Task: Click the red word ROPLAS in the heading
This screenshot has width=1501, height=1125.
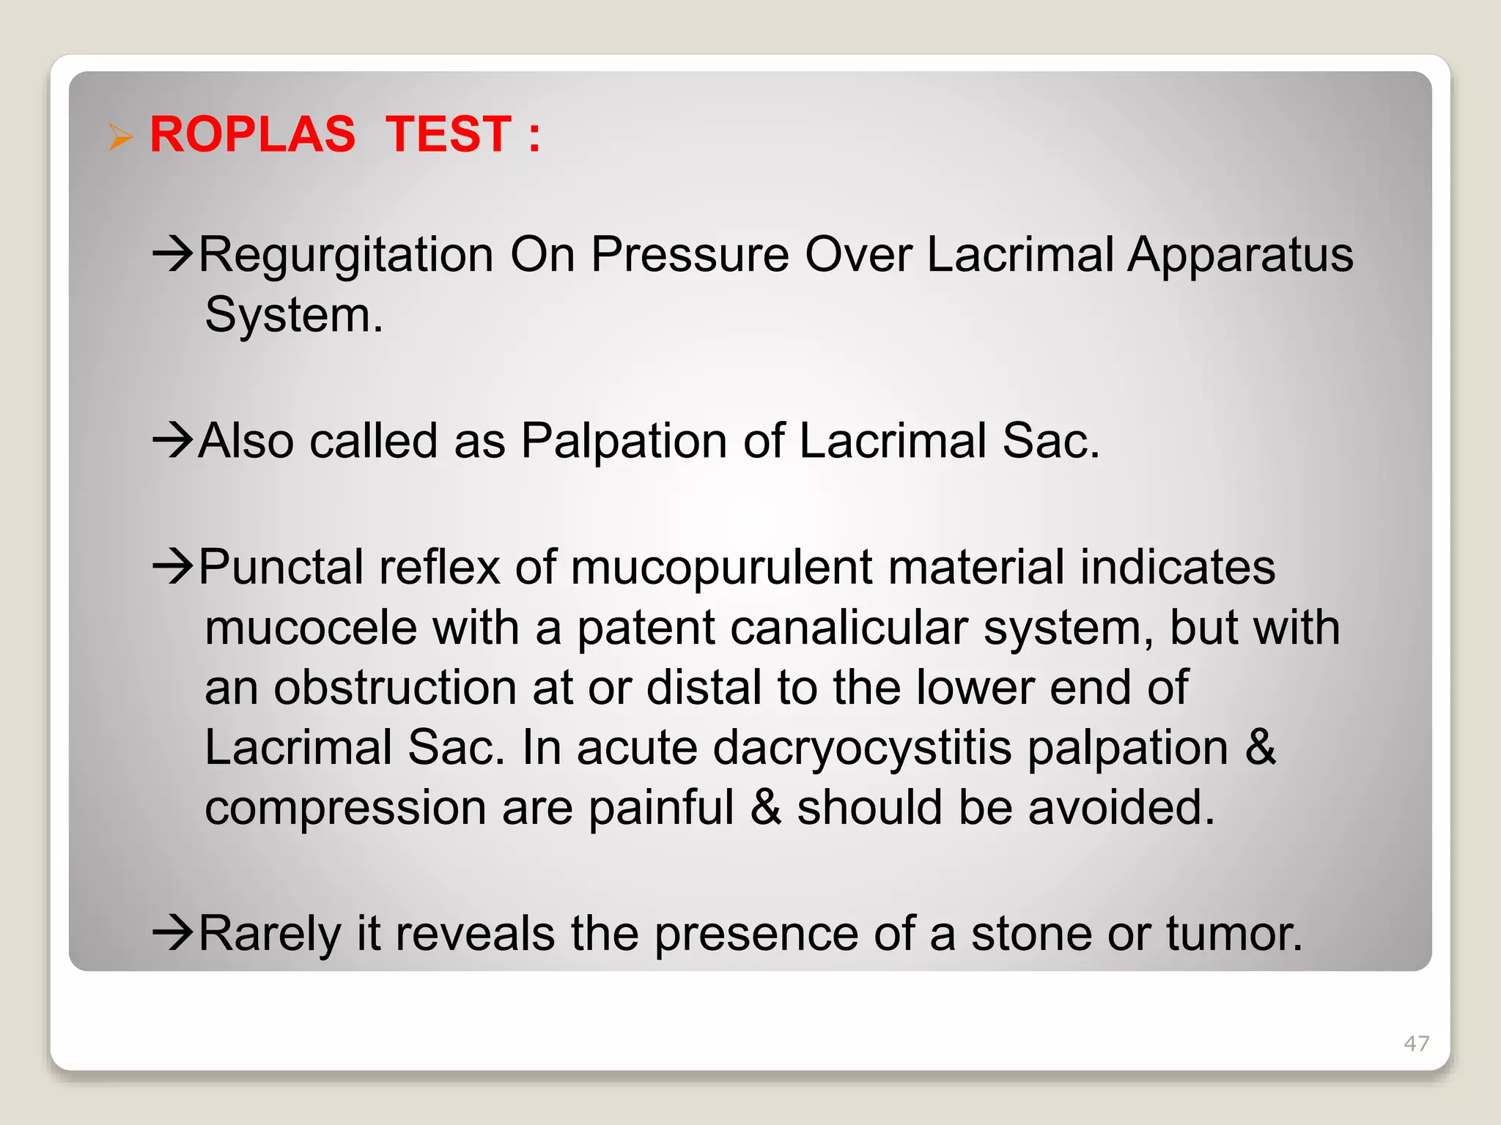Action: point(252,135)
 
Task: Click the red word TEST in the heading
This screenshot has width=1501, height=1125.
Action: point(448,135)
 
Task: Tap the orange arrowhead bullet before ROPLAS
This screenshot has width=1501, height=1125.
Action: point(119,137)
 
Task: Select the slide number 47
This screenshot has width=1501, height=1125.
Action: point(1416,1043)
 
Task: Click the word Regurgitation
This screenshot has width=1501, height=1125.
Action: point(346,256)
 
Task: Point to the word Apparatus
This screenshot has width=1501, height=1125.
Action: point(1239,255)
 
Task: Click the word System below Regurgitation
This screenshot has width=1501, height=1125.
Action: point(293,316)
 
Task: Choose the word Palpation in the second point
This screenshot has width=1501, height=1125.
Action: point(624,442)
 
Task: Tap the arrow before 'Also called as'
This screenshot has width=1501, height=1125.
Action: point(172,441)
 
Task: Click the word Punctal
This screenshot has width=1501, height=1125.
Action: point(281,568)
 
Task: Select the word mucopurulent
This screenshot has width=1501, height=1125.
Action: point(721,569)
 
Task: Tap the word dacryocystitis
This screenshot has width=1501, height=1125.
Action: point(862,749)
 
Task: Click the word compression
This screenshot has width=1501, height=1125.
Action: point(345,808)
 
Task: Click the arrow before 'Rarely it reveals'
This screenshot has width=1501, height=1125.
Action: point(172,933)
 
